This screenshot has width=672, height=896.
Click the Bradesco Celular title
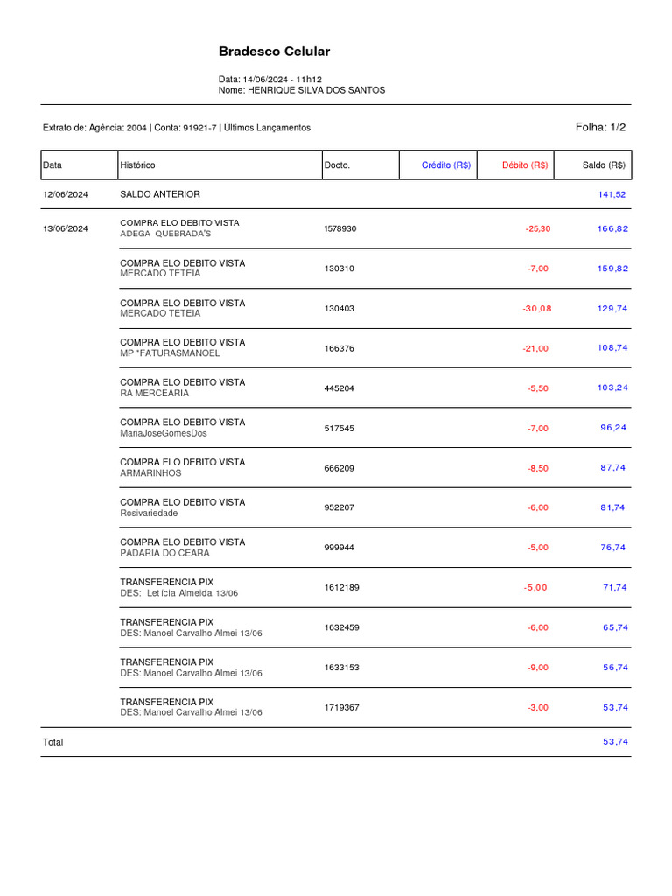click(274, 52)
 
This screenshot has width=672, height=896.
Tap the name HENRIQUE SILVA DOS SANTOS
click(316, 90)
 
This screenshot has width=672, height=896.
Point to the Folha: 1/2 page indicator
click(600, 127)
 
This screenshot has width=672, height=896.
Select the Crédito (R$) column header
click(445, 164)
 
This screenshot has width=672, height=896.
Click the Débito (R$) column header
click(525, 164)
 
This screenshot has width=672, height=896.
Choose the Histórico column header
click(137, 164)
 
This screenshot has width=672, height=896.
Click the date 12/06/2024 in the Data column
click(66, 194)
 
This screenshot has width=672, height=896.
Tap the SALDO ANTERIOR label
click(159, 194)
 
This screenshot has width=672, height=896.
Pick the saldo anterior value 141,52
click(612, 194)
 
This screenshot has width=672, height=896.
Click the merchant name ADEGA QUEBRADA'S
click(165, 234)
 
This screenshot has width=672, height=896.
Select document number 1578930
click(340, 228)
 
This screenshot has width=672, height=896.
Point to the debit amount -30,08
click(537, 308)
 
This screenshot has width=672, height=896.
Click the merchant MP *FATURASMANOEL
click(170, 353)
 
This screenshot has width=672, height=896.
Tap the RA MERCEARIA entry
click(154, 393)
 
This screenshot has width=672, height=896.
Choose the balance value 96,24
click(613, 428)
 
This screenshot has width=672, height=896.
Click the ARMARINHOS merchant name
click(150, 472)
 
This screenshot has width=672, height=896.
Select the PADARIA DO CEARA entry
click(164, 553)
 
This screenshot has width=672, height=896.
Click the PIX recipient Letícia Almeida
click(179, 593)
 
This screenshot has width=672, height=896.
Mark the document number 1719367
click(341, 707)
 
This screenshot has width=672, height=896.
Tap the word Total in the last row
click(53, 742)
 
